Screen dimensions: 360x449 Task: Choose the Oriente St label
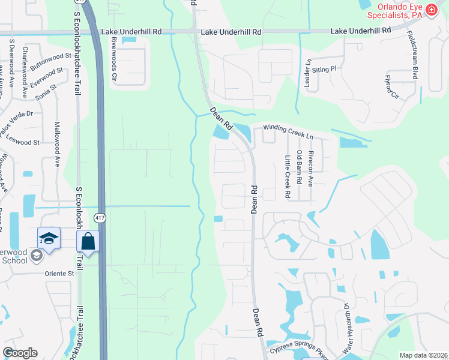[58, 273]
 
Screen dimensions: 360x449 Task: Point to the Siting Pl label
[324, 70]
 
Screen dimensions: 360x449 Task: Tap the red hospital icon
[431, 9]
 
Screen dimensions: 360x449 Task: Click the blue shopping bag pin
[88, 242]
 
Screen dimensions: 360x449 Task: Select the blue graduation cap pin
[49, 239]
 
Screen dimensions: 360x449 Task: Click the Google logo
[20, 353]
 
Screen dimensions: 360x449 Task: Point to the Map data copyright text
[422, 355]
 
